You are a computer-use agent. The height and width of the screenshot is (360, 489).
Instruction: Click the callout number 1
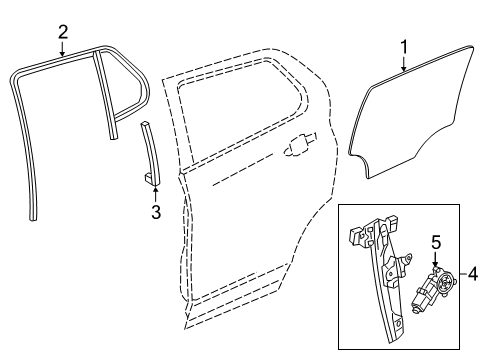tap(404, 46)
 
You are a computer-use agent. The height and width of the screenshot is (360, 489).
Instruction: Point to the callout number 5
tap(436, 242)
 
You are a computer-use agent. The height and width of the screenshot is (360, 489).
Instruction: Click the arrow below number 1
tap(404, 66)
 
